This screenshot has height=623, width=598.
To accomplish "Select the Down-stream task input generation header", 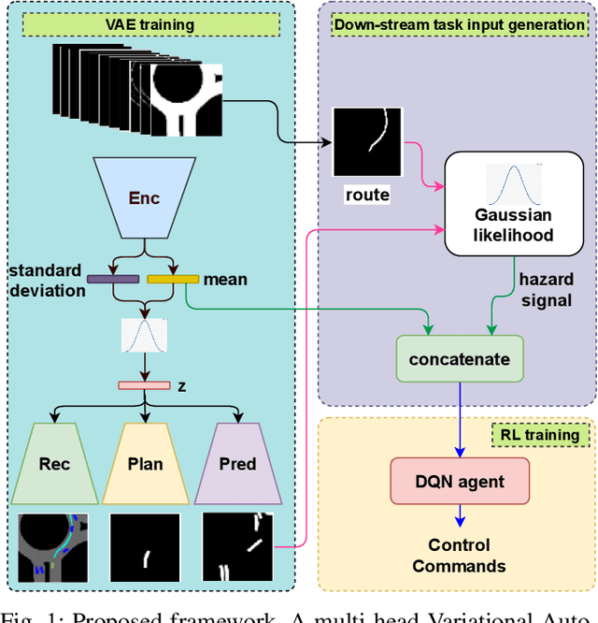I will (459, 22).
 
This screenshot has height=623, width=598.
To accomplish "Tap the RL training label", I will (537, 435).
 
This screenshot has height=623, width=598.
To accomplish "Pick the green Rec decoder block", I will (54, 464).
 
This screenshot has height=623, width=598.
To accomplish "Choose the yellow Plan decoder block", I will (144, 464).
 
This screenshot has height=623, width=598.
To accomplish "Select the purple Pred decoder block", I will (237, 464).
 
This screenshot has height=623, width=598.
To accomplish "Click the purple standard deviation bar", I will (112, 278).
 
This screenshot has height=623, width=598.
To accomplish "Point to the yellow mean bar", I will (173, 278).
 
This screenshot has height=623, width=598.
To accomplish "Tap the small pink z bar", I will (143, 385).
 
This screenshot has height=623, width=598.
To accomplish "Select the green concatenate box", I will (460, 359).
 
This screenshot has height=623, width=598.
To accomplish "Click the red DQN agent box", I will (460, 483).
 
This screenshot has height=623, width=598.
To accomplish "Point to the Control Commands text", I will (460, 556).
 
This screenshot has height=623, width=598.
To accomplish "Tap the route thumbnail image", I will (367, 140).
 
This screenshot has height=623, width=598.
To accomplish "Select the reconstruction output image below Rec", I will (53, 547).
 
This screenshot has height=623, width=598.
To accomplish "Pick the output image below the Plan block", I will (145, 547).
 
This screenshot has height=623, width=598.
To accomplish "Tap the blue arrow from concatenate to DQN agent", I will (460, 421).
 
